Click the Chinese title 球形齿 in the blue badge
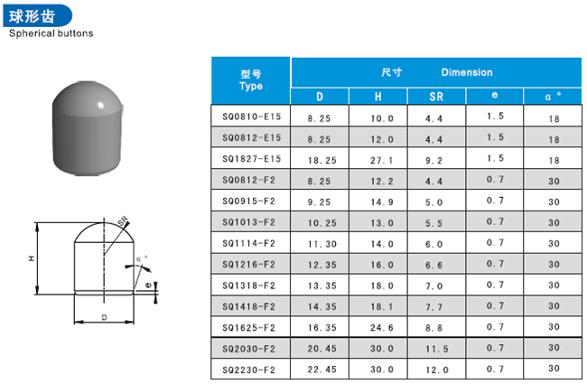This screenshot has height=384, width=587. pos(33,16)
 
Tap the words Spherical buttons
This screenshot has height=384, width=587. pos(51,33)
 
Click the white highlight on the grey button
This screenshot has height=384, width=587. pos(100,105)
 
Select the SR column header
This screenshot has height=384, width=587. pos(436,97)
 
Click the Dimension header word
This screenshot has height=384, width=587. pos(467,72)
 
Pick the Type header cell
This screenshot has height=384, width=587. pos(251,80)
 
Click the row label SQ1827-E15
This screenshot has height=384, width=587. pos(252,159)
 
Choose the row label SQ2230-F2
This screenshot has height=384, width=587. pos(249,370)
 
